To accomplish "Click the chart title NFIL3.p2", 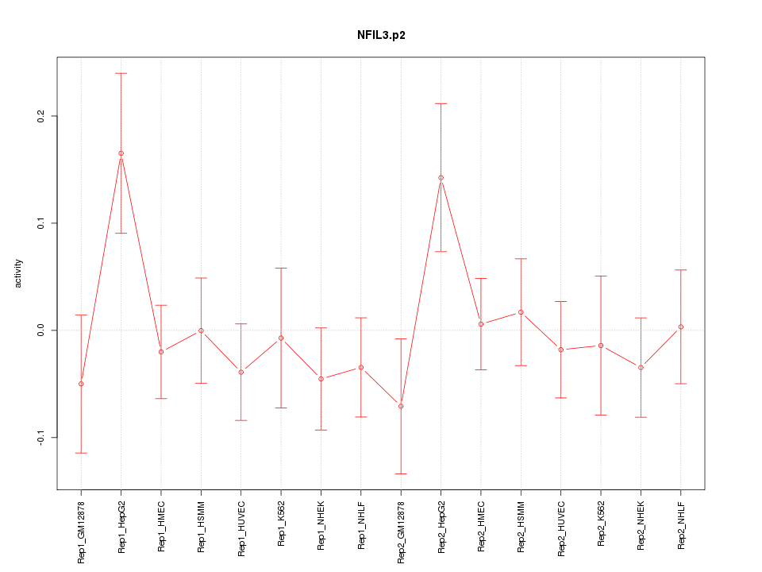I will (382, 35).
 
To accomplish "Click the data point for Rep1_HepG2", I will (121, 153).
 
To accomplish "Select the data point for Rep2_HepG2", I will (441, 178).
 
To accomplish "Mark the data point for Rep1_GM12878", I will (81, 384).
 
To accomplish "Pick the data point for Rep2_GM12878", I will (401, 406).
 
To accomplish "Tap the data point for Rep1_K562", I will (281, 338).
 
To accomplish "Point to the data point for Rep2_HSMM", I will (521, 312).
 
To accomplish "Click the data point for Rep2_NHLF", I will (681, 327).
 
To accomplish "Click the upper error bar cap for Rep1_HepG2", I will (121, 73).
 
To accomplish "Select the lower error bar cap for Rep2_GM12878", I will (401, 473).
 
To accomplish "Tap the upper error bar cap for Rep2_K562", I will (601, 276).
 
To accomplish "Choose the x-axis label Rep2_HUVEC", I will (561, 527).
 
